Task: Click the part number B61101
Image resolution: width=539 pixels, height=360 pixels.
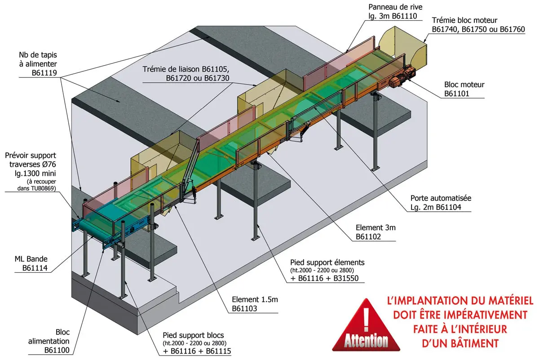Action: [456, 93]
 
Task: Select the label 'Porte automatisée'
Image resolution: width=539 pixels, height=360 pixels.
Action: [441, 198]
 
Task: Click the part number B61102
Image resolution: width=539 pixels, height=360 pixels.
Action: [368, 237]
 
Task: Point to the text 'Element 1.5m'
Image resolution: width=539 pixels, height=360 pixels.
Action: [255, 300]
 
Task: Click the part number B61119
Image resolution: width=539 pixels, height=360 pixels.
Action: [44, 73]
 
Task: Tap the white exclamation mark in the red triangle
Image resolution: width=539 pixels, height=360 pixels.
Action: [366, 320]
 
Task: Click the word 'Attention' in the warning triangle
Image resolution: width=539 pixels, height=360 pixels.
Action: [366, 341]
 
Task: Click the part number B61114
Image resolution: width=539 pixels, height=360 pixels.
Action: [35, 268]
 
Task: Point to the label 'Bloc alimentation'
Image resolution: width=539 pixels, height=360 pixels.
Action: [49, 337]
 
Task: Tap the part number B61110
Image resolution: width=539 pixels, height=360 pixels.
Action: [404, 16]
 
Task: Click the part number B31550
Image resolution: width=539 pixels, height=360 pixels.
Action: [346, 278]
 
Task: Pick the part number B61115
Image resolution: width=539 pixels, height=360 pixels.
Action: [218, 351]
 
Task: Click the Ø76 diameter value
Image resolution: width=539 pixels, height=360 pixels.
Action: [49, 164]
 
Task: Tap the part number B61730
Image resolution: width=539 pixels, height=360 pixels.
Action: [216, 78]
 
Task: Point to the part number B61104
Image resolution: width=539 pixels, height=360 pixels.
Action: [449, 207]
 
